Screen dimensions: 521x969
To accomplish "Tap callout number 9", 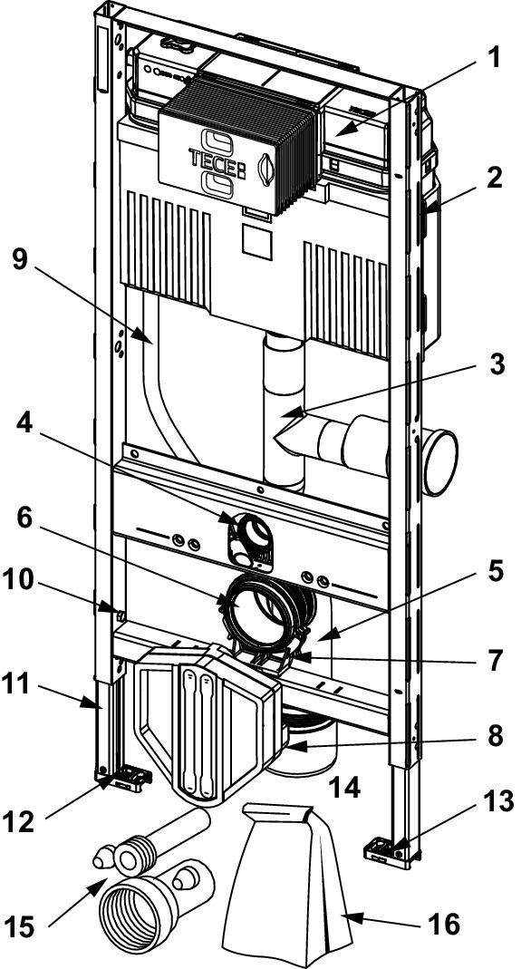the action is pos(21,260).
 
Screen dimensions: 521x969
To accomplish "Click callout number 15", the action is pos(23,927).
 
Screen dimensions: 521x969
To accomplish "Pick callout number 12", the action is pos(23,821).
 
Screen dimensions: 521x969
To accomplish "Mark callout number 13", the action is pos(497,801).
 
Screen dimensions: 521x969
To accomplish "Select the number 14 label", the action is pos(344,788).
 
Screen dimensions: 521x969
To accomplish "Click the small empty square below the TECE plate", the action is pos(256,240).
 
